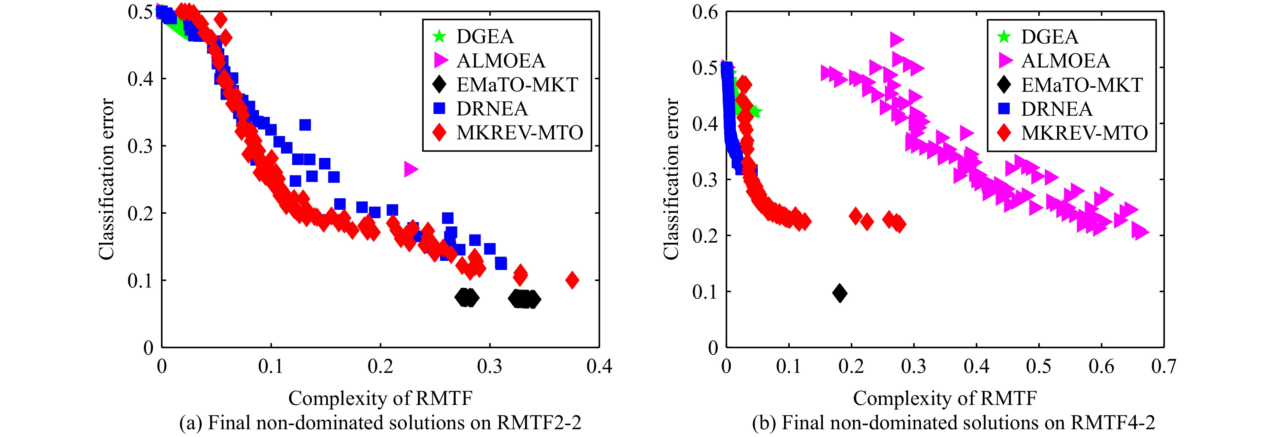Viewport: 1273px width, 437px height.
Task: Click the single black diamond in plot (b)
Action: [840, 293]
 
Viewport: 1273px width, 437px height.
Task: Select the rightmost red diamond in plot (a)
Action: [572, 280]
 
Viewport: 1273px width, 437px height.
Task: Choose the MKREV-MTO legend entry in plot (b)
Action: [1084, 133]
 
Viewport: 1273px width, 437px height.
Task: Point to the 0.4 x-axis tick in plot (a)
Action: [599, 366]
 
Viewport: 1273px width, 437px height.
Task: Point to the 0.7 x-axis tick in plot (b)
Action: [1164, 366]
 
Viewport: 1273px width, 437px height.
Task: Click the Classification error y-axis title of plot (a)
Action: [106, 179]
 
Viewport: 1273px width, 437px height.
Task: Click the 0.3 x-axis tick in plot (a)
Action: [490, 366]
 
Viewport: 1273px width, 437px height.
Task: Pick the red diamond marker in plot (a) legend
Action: [439, 133]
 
